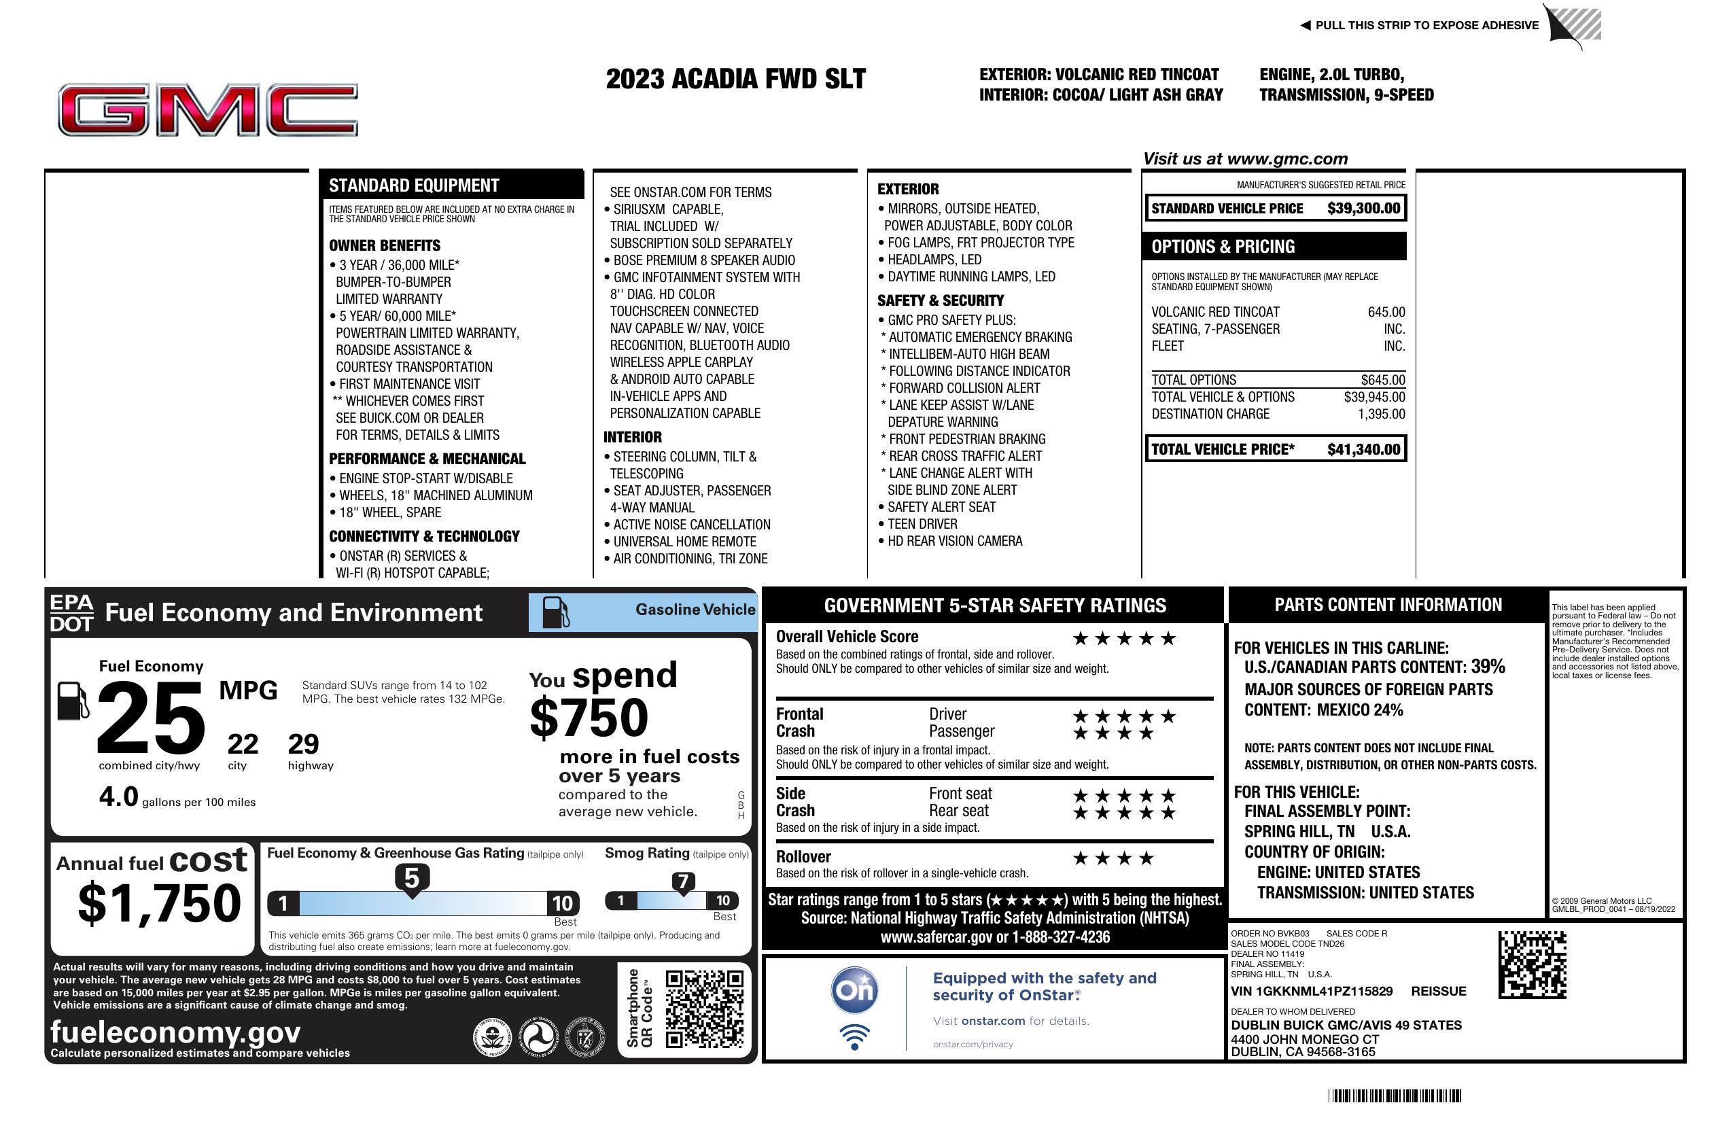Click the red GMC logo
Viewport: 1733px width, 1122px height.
click(208, 110)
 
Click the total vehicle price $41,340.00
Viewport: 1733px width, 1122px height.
click(1363, 449)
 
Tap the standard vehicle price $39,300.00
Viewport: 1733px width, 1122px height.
click(1363, 208)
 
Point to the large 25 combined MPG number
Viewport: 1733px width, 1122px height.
click(151, 718)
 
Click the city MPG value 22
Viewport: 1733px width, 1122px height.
click(243, 744)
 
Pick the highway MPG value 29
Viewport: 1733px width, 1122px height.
click(303, 744)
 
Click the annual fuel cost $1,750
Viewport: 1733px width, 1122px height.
click(160, 903)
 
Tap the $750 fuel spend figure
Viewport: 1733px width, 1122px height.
click(589, 718)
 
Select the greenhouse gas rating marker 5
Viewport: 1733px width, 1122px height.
click(411, 879)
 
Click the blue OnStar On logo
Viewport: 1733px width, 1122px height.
click(855, 990)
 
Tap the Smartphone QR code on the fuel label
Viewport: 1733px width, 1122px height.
click(704, 1009)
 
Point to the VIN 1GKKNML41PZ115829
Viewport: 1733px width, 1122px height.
click(1312, 992)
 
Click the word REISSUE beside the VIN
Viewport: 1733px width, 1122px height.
click(1438, 992)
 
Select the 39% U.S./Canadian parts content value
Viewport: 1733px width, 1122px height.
click(1488, 667)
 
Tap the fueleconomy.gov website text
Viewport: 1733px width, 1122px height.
click(175, 1032)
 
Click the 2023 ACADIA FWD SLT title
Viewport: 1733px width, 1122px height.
click(735, 80)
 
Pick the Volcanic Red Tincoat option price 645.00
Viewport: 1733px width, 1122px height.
click(1386, 313)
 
